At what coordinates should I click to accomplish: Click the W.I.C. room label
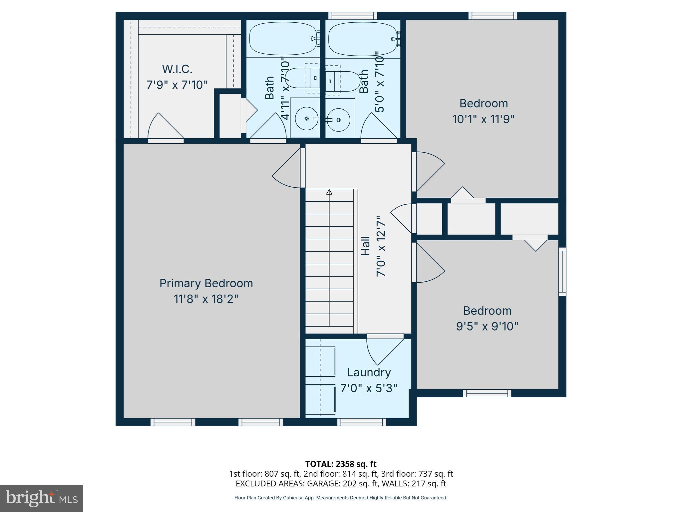pyautogui.click(x=177, y=69)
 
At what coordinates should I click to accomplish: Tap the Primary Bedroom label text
pyautogui.click(x=206, y=283)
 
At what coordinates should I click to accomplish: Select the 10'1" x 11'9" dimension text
pyautogui.click(x=483, y=119)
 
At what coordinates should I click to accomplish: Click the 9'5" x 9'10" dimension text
pyautogui.click(x=487, y=326)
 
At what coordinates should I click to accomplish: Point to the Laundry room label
pyautogui.click(x=369, y=372)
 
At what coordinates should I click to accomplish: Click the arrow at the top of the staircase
pyautogui.click(x=329, y=192)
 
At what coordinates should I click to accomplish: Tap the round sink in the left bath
pyautogui.click(x=306, y=118)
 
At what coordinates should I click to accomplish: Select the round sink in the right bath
pyautogui.click(x=339, y=120)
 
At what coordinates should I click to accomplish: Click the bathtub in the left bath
pyautogui.click(x=282, y=39)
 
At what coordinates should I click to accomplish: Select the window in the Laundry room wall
pyautogui.click(x=362, y=422)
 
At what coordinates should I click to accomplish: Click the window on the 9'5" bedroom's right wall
pyautogui.click(x=562, y=271)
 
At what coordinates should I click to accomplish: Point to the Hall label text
pyautogui.click(x=366, y=246)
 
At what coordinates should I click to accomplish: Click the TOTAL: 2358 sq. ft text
pyautogui.click(x=341, y=464)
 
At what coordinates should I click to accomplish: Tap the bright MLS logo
pyautogui.click(x=42, y=498)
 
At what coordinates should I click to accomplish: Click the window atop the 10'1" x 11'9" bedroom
pyautogui.click(x=493, y=16)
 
